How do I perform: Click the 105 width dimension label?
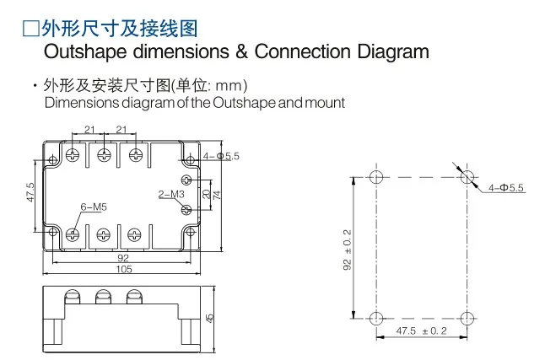(x=124, y=269)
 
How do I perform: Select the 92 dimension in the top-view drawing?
(x=123, y=258)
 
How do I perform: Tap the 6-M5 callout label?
(x=94, y=207)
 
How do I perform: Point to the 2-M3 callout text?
(x=171, y=194)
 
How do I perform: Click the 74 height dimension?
(x=217, y=195)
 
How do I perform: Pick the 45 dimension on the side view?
(x=209, y=318)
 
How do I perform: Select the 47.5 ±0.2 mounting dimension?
(x=421, y=330)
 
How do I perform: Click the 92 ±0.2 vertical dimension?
(x=348, y=250)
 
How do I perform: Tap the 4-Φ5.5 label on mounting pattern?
(x=505, y=188)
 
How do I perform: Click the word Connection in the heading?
(x=303, y=51)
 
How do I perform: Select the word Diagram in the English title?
(x=393, y=52)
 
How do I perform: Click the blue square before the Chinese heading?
(x=31, y=29)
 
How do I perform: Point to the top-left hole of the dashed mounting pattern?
(x=376, y=177)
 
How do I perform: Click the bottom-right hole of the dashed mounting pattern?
(x=467, y=319)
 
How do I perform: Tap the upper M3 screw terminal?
(x=187, y=180)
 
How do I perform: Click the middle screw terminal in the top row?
(x=104, y=154)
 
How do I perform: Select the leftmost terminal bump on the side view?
(x=73, y=297)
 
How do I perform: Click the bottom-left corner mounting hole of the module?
(x=53, y=231)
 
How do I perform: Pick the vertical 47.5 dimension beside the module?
(x=30, y=192)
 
